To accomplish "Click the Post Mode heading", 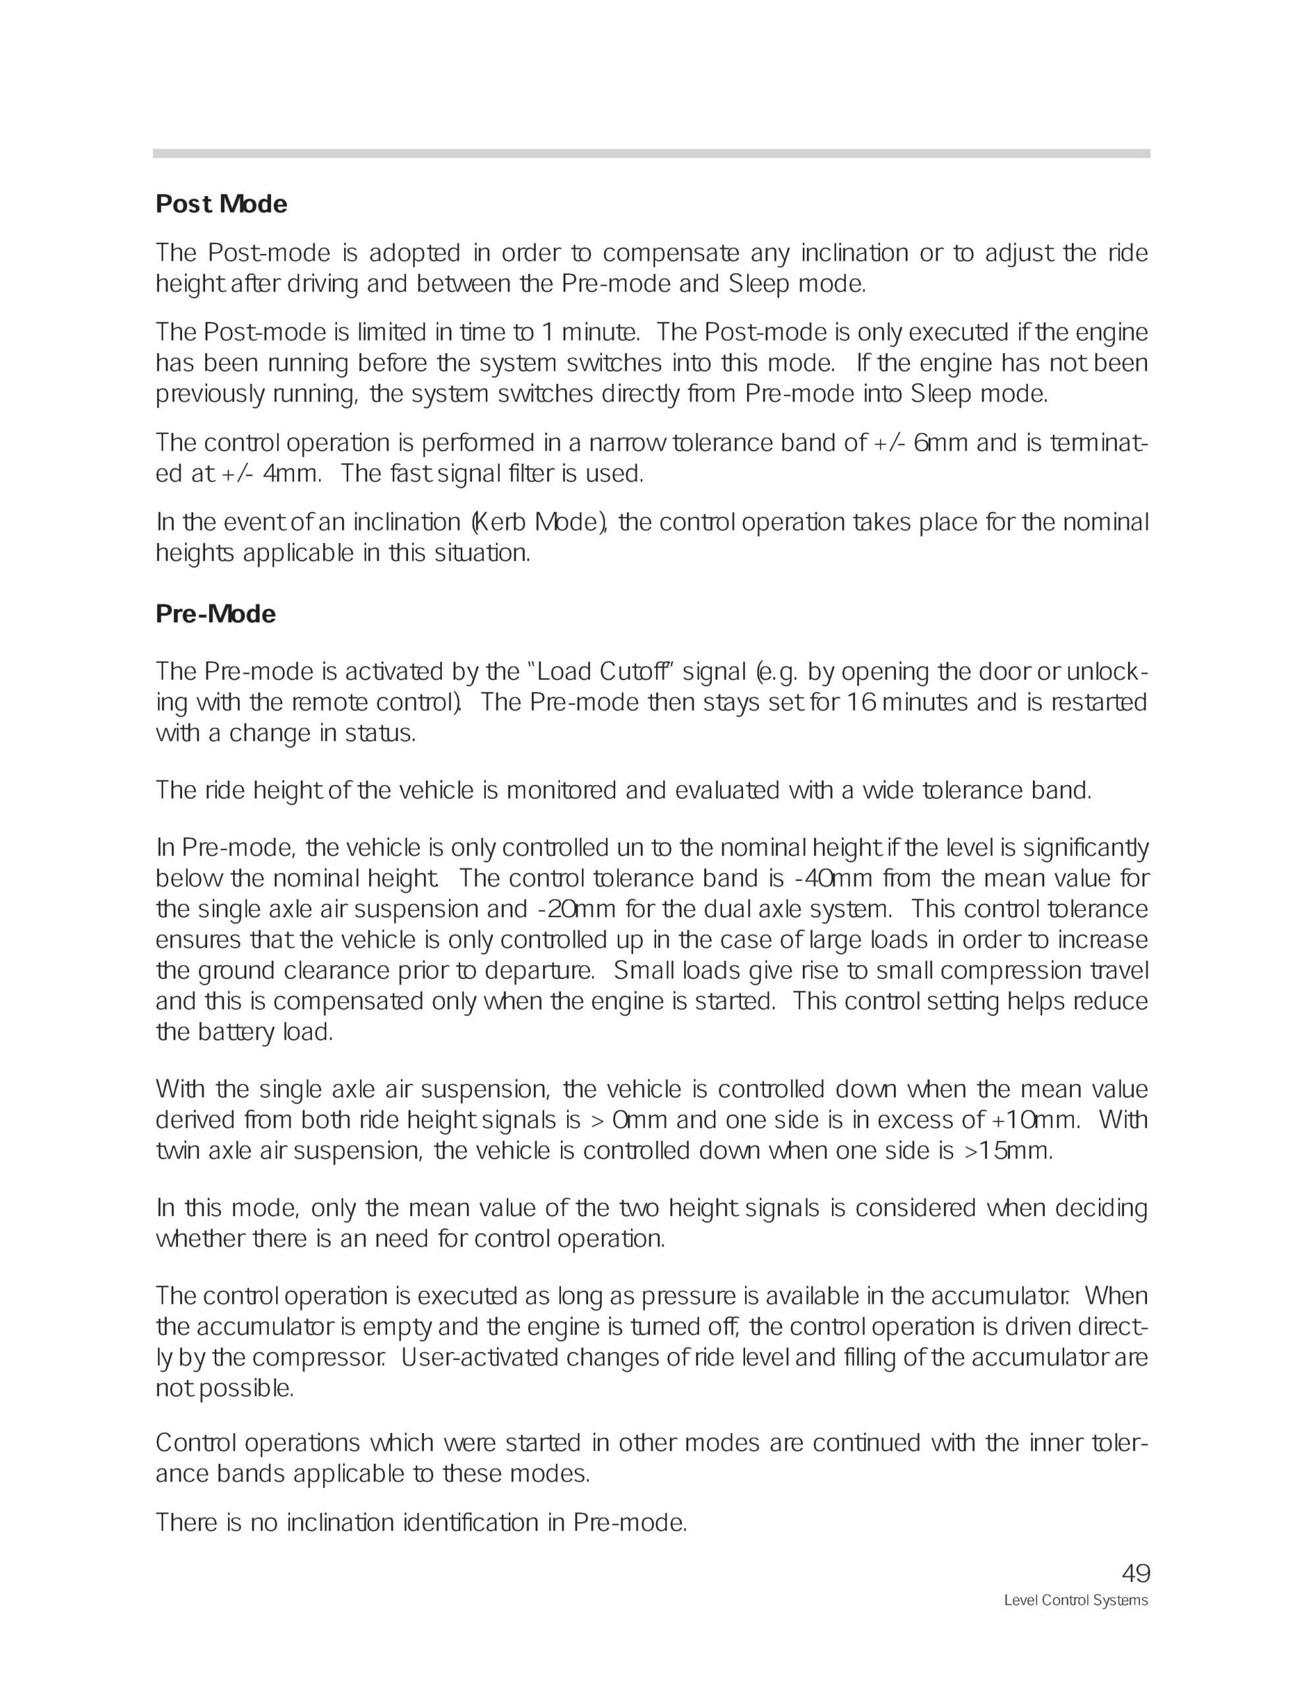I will pyautogui.click(x=221, y=204).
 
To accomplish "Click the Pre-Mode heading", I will pyautogui.click(x=216, y=614).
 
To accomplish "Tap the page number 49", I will pyautogui.click(x=1135, y=1573).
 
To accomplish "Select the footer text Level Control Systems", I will pyautogui.click(x=1075, y=1600).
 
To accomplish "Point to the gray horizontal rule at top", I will pyautogui.click(x=651, y=153).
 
